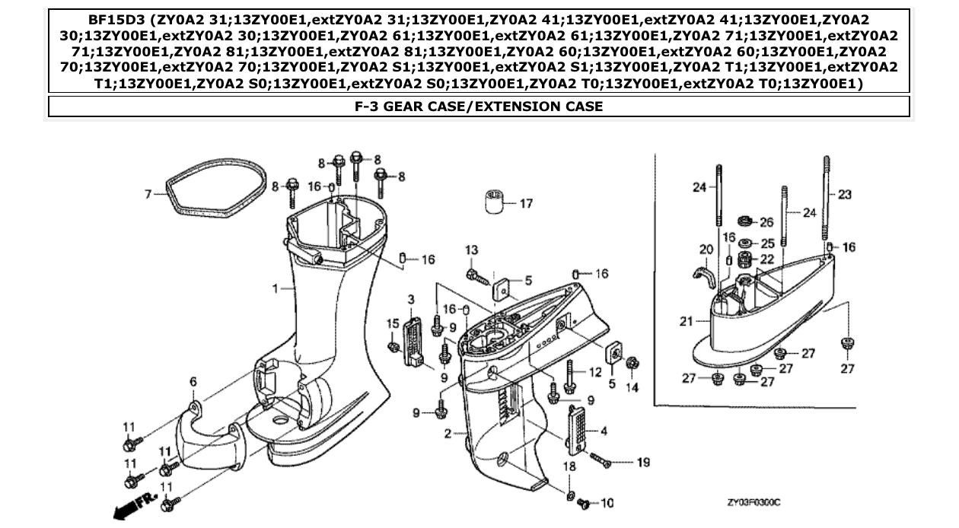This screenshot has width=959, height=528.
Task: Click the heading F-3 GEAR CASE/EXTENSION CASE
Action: click(x=479, y=107)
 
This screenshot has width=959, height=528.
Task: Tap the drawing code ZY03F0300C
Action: click(x=753, y=503)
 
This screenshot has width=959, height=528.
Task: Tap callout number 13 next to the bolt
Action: click(x=472, y=250)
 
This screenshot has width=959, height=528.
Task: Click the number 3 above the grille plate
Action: click(x=410, y=298)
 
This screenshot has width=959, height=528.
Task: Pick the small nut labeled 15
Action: click(x=394, y=348)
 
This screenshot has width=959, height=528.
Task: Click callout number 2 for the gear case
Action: click(x=448, y=433)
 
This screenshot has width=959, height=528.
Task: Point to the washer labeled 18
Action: click(x=570, y=496)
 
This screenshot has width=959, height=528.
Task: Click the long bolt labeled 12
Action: click(x=569, y=376)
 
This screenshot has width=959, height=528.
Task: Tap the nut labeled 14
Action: click(x=631, y=364)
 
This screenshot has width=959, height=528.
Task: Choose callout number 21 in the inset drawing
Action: click(x=687, y=322)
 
